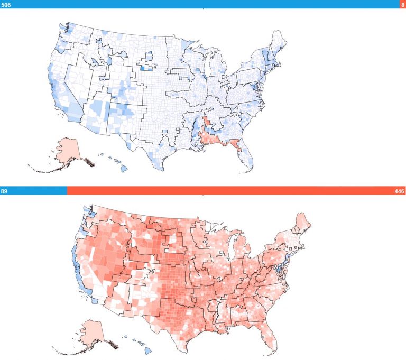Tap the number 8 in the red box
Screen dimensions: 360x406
click(x=402, y=4)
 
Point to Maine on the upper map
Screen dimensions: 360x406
click(x=278, y=40)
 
